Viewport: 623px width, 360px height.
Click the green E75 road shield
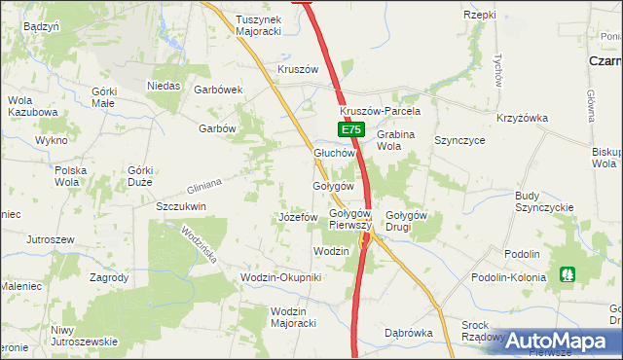(351, 129)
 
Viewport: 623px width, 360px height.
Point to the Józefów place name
(298, 217)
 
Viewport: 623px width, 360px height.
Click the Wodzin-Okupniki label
(280, 278)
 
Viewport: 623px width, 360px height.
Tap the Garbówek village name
(218, 90)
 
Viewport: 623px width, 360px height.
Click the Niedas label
(165, 86)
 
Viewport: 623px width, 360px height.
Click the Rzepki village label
(480, 16)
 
